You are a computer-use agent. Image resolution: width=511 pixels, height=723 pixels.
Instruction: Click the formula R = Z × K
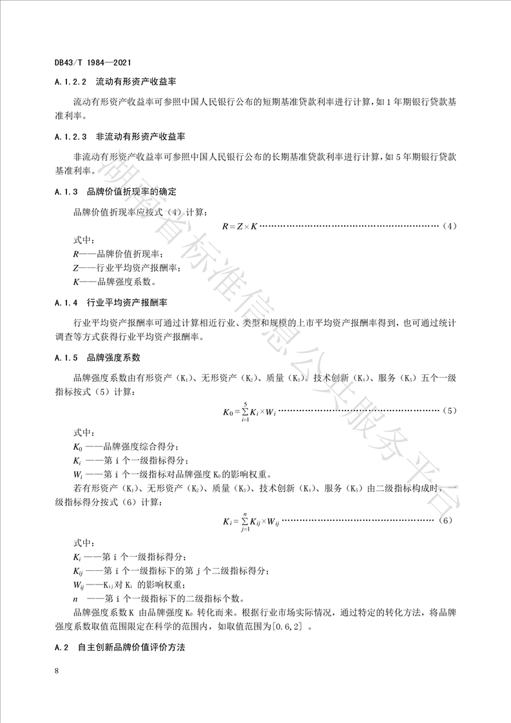coord(239,226)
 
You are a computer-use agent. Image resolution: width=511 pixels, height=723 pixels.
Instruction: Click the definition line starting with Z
coord(126,267)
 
